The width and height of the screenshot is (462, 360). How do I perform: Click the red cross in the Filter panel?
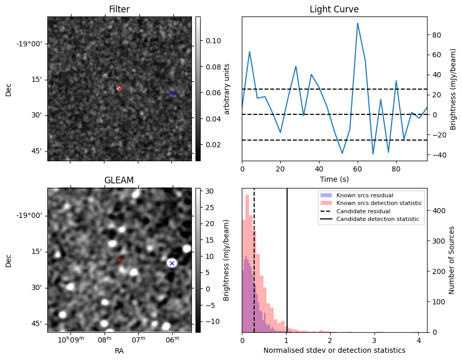(119, 89)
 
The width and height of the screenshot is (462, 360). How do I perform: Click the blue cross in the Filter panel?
(172, 93)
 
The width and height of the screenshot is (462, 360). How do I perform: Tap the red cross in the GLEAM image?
(119, 260)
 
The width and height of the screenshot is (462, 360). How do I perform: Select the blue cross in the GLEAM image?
(172, 263)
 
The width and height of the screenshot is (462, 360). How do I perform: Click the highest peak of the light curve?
(358, 23)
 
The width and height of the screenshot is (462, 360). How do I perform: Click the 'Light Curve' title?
(334, 9)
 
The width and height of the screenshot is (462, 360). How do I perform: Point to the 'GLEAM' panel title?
(119, 180)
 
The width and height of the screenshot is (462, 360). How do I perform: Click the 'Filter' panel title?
(119, 9)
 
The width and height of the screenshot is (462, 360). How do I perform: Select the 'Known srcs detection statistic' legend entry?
(379, 203)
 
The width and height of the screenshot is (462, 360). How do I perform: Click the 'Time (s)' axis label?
(334, 179)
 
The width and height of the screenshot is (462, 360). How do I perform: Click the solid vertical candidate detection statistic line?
(287, 258)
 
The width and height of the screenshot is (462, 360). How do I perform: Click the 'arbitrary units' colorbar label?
(226, 89)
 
